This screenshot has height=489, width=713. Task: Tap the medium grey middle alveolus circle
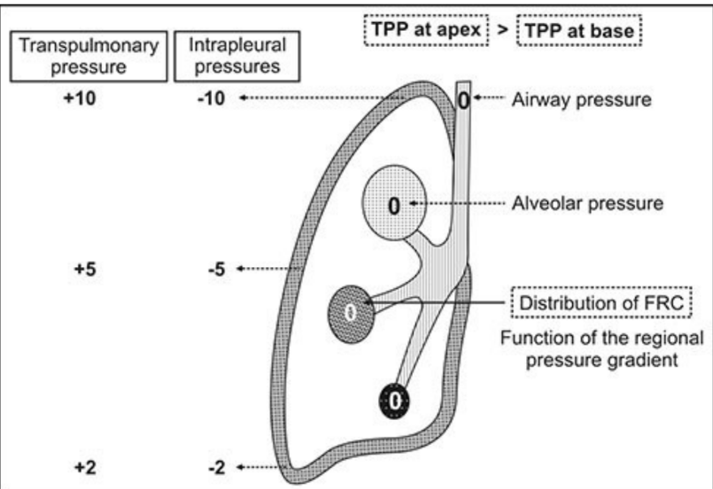(351, 311)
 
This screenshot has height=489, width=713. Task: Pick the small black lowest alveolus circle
(395, 401)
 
